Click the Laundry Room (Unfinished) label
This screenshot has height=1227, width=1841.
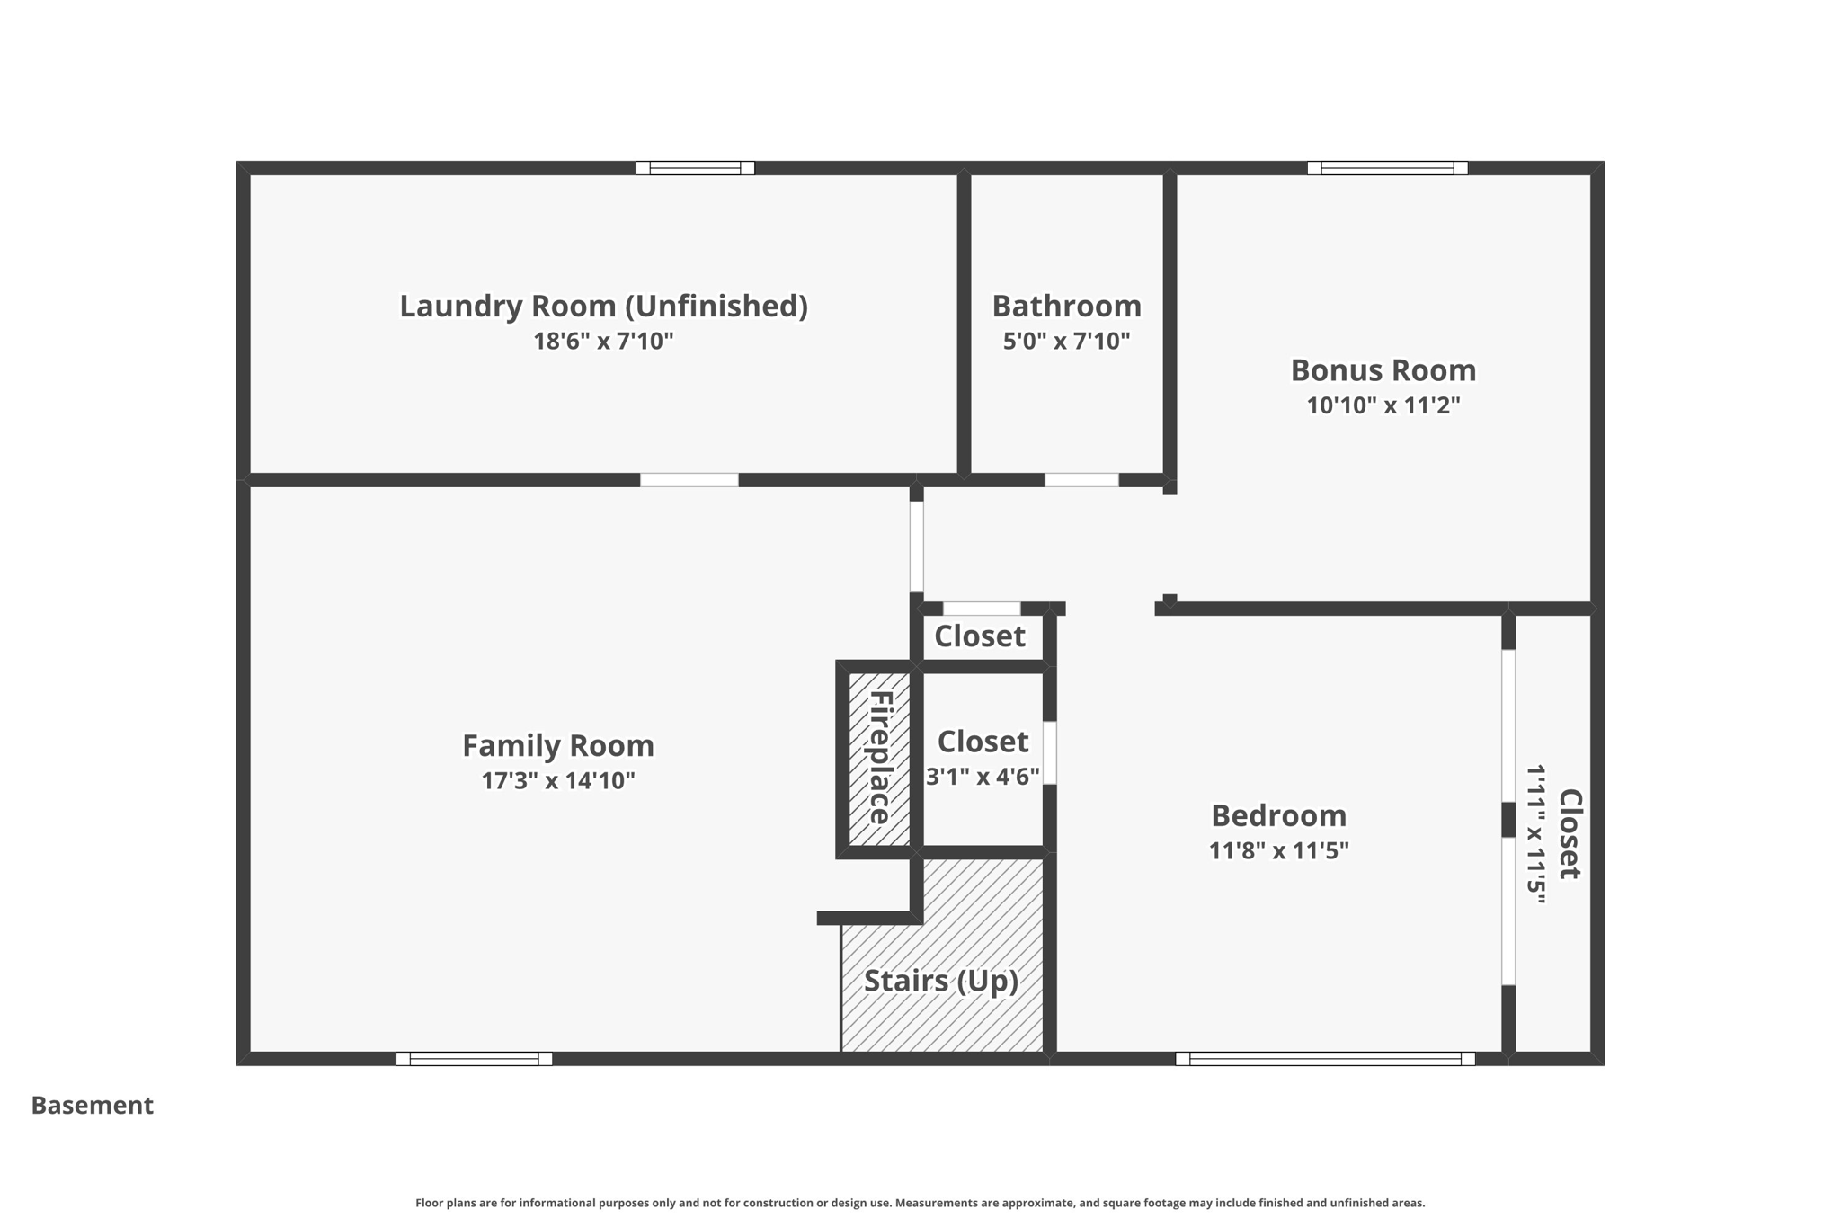pyautogui.click(x=603, y=307)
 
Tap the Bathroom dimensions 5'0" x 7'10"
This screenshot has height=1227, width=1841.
pyautogui.click(x=1066, y=342)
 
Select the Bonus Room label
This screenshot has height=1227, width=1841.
pyautogui.click(x=1383, y=370)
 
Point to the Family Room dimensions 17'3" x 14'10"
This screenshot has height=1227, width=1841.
pyautogui.click(x=558, y=780)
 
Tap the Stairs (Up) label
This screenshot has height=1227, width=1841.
pyautogui.click(x=941, y=980)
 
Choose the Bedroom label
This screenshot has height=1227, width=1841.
pyautogui.click(x=1278, y=815)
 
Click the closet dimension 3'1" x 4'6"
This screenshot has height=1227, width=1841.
pyautogui.click(x=983, y=777)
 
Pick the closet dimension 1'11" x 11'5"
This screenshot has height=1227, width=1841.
pyautogui.click(x=1535, y=834)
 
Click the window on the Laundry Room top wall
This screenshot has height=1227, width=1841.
pyautogui.click(x=695, y=168)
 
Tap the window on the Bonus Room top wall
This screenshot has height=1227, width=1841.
pyautogui.click(x=1387, y=168)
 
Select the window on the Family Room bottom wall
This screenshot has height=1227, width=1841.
pyautogui.click(x=474, y=1058)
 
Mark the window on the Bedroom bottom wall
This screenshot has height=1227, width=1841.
pyautogui.click(x=1325, y=1058)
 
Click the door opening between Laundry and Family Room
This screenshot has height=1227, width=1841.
pyautogui.click(x=689, y=480)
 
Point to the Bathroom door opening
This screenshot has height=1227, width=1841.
pyautogui.click(x=1081, y=480)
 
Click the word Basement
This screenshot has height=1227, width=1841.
pyautogui.click(x=93, y=1106)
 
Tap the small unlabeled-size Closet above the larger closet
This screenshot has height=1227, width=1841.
pyautogui.click(x=980, y=636)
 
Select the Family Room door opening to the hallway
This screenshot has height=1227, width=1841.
pyautogui.click(x=916, y=546)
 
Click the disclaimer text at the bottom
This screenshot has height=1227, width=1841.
pyautogui.click(x=920, y=1203)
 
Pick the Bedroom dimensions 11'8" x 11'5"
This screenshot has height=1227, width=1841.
pyautogui.click(x=1278, y=850)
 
